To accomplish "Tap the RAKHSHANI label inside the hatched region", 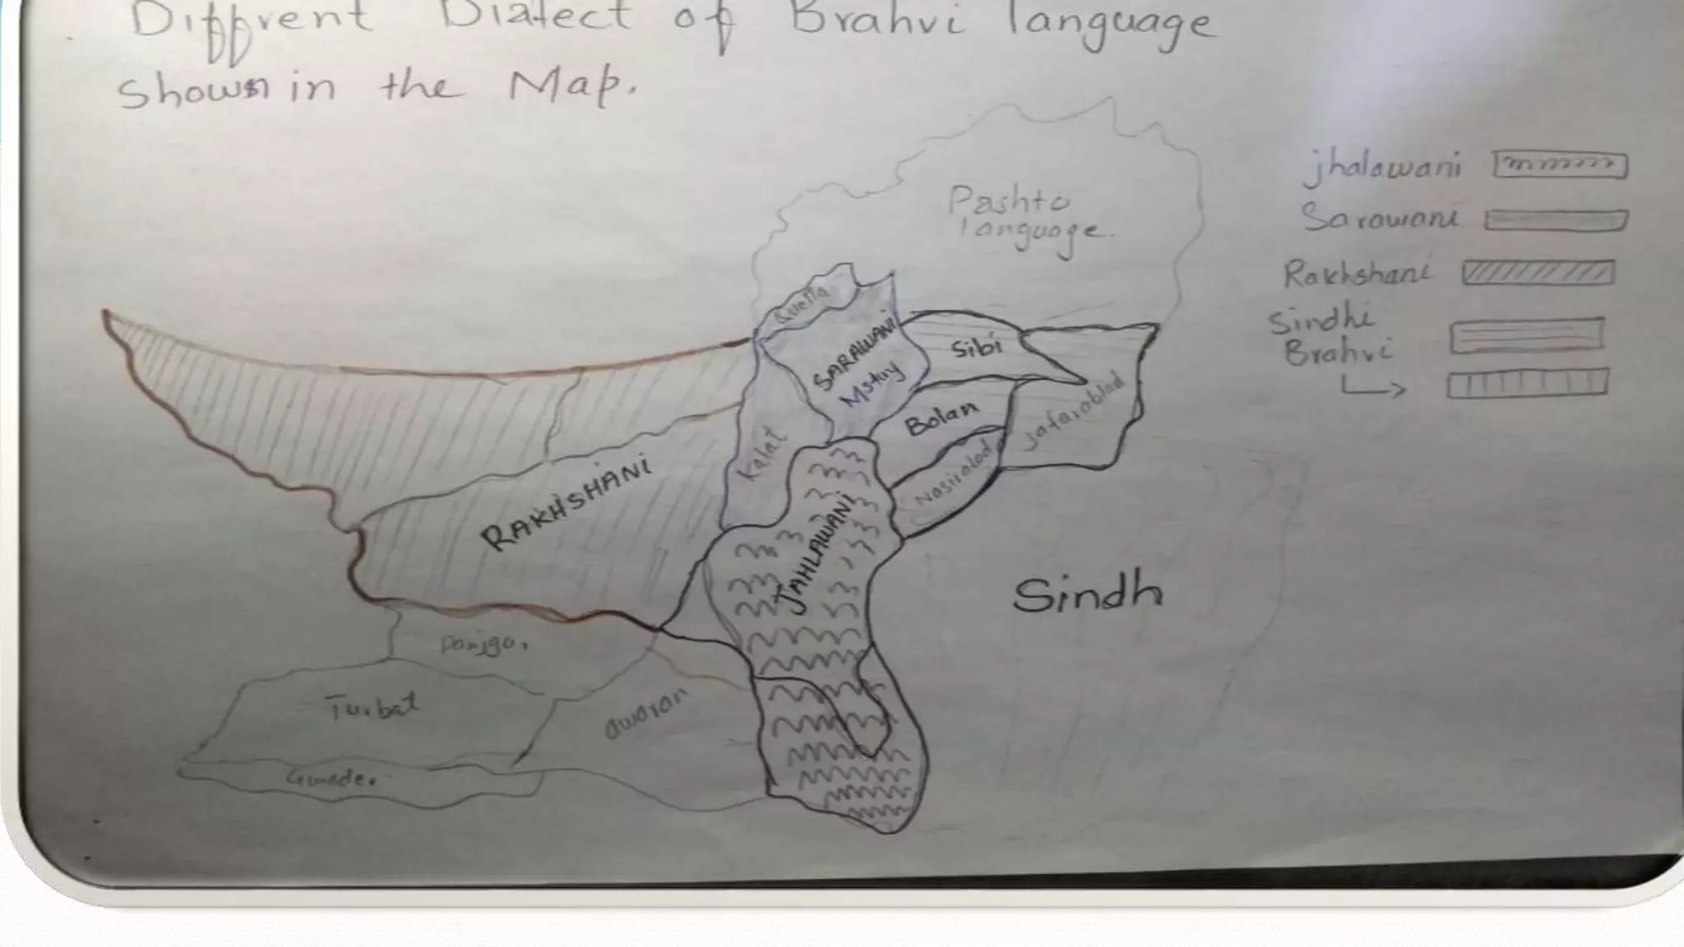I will (x=567, y=503).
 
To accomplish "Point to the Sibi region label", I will (x=978, y=348).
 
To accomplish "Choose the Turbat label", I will (x=372, y=706).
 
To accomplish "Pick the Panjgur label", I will (x=483, y=644).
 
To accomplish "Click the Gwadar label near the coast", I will (x=331, y=778).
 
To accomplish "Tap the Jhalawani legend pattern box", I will (x=1560, y=165).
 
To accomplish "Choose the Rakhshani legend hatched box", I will (x=1538, y=273).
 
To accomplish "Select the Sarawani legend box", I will (x=1556, y=220).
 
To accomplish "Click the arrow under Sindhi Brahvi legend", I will (x=1373, y=388).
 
